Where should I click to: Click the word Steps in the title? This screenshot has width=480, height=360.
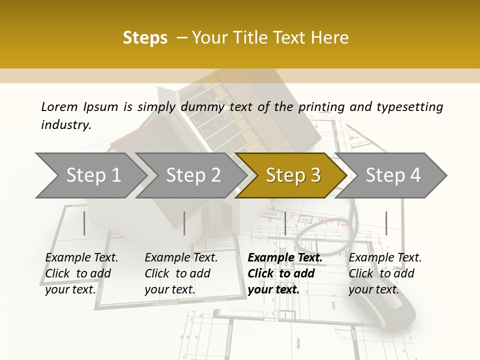pyautogui.click(x=145, y=38)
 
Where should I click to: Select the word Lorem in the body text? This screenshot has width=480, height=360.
pyautogui.click(x=59, y=106)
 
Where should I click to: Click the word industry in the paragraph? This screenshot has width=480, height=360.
pyautogui.click(x=65, y=125)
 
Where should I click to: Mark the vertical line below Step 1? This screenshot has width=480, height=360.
pyautogui.click(x=84, y=223)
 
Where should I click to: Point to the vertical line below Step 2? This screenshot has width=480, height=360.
pyautogui.click(x=184, y=223)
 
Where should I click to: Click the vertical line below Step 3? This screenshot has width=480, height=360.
pyautogui.click(x=285, y=223)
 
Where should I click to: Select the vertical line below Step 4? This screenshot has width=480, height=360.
pyautogui.click(x=386, y=223)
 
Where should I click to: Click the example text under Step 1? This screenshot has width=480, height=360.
pyautogui.click(x=81, y=273)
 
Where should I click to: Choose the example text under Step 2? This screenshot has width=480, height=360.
pyautogui.click(x=180, y=273)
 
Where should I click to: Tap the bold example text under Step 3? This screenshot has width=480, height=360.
pyautogui.click(x=284, y=273)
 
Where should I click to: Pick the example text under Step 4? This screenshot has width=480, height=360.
pyautogui.click(x=384, y=273)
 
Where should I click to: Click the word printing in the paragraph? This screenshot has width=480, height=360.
pyautogui.click(x=321, y=106)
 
